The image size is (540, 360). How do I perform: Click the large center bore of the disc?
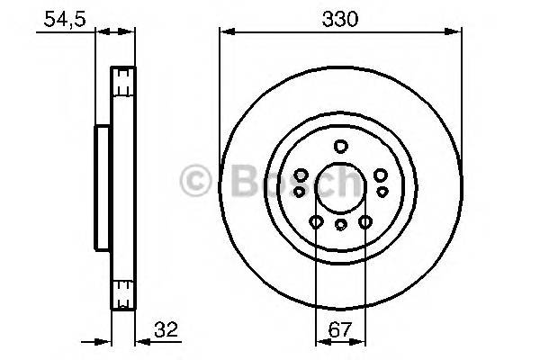pyautogui.click(x=340, y=187)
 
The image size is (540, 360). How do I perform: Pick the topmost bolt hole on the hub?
pyautogui.click(x=340, y=147)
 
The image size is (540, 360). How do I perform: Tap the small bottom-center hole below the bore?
pyautogui.click(x=340, y=227)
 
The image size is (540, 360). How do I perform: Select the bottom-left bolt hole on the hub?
pyautogui.click(x=316, y=221)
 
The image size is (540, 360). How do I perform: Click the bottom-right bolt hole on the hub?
pyautogui.click(x=365, y=221)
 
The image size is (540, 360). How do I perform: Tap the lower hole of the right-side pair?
pyautogui.click(x=382, y=191)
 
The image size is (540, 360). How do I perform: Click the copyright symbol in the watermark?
pyautogui.click(x=197, y=182)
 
